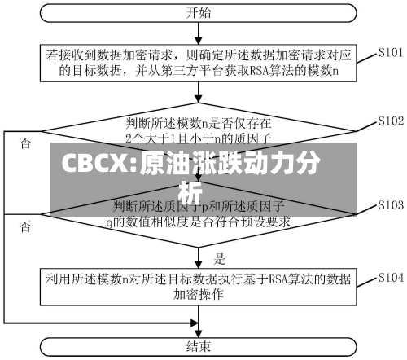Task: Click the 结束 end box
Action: (x=199, y=346)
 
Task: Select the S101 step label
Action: (x=392, y=52)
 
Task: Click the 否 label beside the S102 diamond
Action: (x=27, y=143)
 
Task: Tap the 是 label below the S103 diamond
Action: (x=219, y=260)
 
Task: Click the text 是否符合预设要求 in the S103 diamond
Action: (x=245, y=220)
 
